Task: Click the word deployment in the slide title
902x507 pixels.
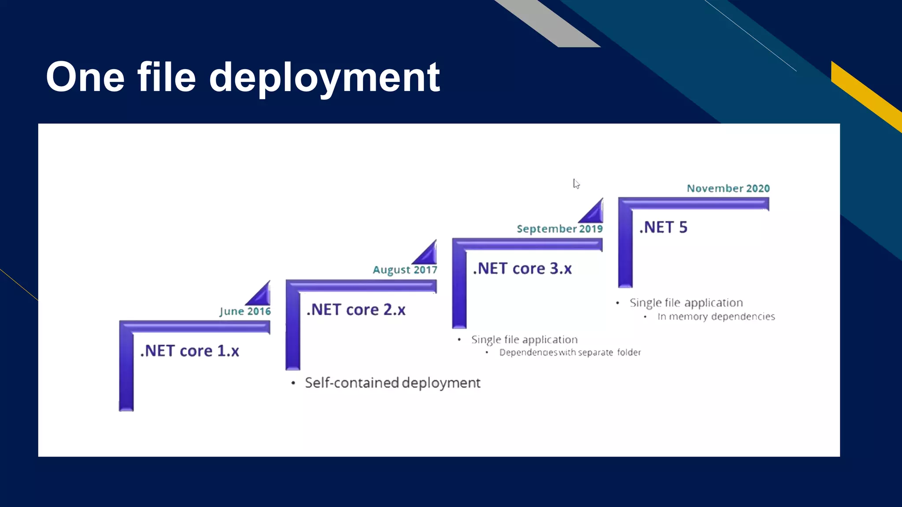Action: click(324, 78)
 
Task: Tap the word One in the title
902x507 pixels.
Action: click(85, 77)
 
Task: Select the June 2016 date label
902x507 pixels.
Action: click(245, 311)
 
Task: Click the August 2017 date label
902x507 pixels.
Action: click(405, 270)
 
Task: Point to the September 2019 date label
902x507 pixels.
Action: click(559, 229)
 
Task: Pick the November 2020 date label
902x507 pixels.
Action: click(728, 188)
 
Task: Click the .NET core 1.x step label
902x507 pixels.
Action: click(189, 351)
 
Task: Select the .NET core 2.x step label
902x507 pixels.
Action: click(356, 310)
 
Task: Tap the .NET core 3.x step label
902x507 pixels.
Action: click(522, 268)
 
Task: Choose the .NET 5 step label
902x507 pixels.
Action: click(663, 228)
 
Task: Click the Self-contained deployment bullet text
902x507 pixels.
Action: click(392, 383)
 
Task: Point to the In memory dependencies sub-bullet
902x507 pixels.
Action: click(716, 316)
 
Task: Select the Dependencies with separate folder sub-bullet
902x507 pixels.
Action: click(570, 353)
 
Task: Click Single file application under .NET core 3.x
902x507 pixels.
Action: click(524, 340)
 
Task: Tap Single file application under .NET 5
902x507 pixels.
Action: click(686, 303)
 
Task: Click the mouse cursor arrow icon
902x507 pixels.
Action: click(576, 184)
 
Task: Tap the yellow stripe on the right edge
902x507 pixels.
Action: click(865, 95)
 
